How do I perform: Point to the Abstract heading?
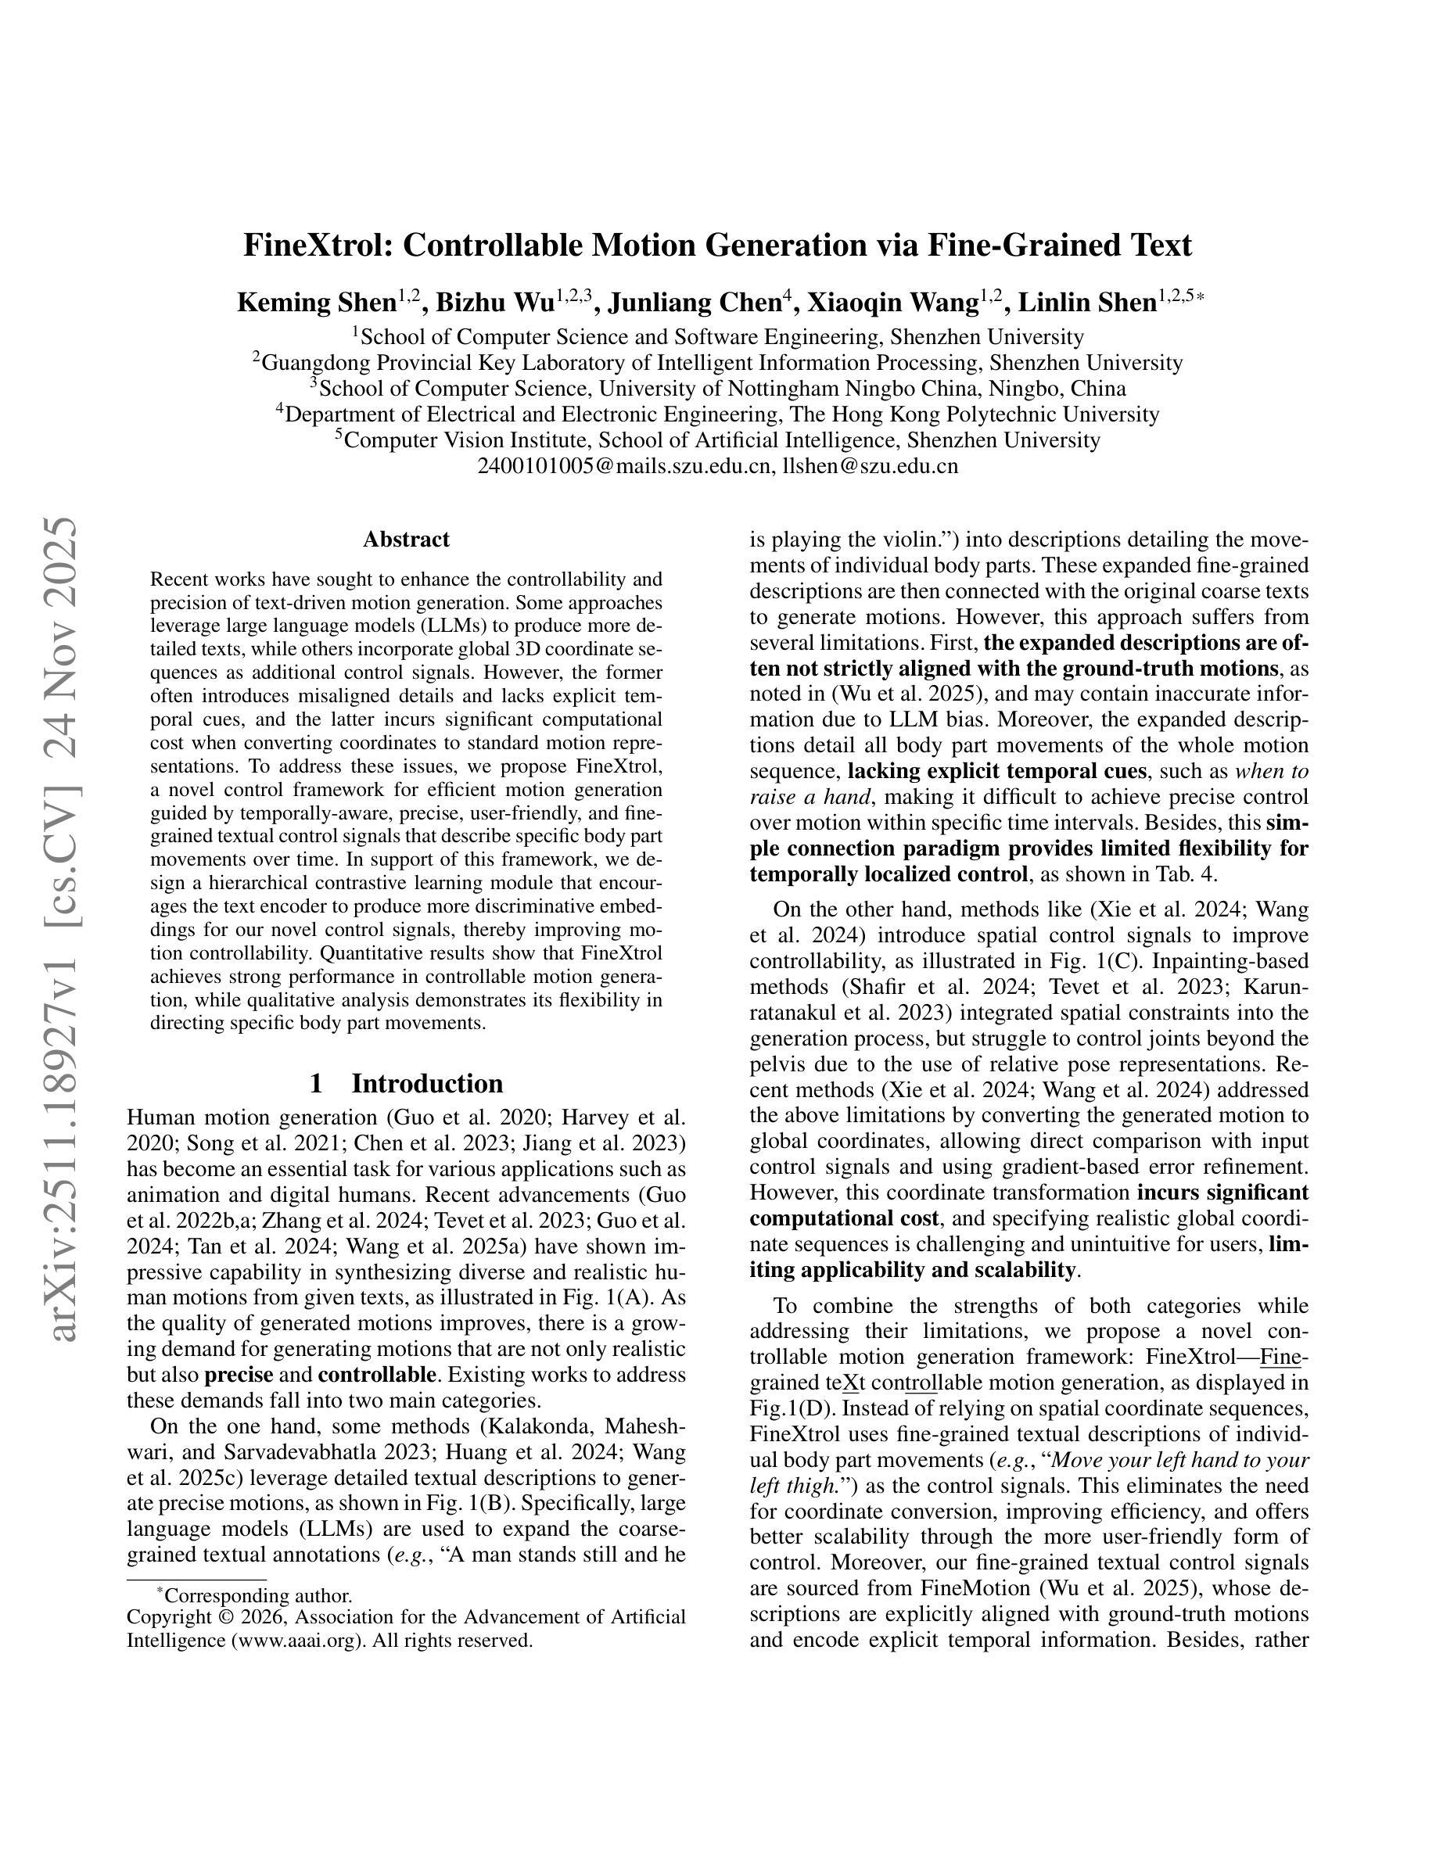406,540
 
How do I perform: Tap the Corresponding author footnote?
257,1596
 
